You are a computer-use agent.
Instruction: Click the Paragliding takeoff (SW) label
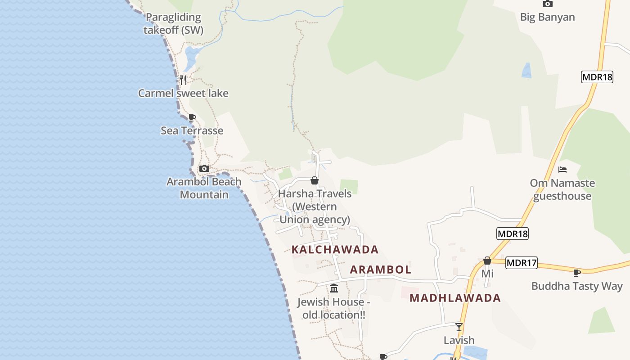click(173, 24)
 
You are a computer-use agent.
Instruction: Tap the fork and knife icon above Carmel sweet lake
click(183, 80)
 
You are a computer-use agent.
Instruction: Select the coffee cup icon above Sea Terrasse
click(192, 118)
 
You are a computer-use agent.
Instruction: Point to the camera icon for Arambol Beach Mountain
click(204, 168)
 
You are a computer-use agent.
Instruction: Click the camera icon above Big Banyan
click(547, 4)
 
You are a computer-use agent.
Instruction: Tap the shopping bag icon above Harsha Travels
click(315, 180)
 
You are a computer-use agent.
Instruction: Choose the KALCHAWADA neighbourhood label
click(335, 249)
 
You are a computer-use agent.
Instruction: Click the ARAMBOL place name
click(381, 270)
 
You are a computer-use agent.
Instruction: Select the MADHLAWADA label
click(455, 298)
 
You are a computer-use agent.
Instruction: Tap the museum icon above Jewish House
click(334, 288)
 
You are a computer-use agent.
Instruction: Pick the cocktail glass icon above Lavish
click(459, 327)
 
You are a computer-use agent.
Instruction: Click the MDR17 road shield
click(522, 263)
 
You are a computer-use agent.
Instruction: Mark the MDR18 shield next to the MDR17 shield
click(512, 234)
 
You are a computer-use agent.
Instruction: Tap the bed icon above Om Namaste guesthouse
click(562, 170)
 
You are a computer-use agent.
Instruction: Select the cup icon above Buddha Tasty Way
click(577, 272)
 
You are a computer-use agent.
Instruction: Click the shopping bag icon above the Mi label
click(487, 261)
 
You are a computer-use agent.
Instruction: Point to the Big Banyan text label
click(547, 17)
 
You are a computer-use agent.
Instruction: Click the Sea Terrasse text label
click(192, 130)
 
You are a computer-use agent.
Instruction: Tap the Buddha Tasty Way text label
click(577, 286)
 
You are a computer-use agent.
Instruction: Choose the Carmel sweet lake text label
click(183, 93)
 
